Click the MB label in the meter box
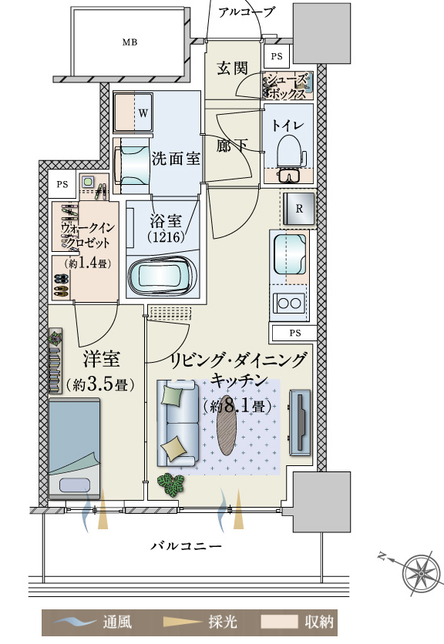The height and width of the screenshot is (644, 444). click(129, 42)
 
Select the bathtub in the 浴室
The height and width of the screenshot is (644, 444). click(162, 276)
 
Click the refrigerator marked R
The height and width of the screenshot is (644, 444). click(299, 209)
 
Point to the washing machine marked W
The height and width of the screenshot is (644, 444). click(133, 112)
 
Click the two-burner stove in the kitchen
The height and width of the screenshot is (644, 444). click(289, 304)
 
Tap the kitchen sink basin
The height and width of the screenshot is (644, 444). click(290, 255)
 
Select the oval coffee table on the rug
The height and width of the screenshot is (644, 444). click(227, 424)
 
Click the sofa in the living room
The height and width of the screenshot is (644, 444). click(177, 424)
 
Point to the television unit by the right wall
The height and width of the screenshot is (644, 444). click(300, 422)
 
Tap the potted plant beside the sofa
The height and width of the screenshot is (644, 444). click(171, 484)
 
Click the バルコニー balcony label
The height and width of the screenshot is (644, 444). click(187, 546)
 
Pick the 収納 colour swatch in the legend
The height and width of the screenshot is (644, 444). click(279, 622)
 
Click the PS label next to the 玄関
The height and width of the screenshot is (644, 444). click(277, 56)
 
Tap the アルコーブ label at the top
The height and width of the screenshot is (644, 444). click(246, 12)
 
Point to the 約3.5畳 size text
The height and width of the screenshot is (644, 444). click(100, 384)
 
